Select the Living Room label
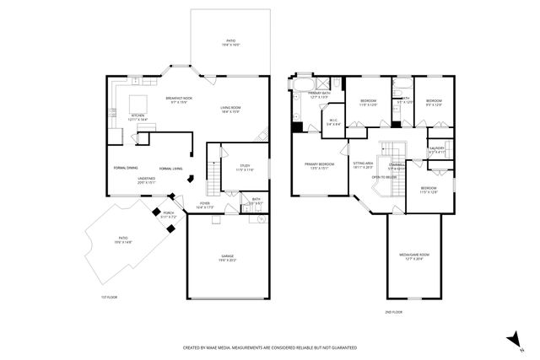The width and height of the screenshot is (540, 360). (234, 110)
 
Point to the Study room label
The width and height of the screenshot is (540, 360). (245, 168)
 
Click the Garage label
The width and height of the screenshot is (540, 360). (228, 258)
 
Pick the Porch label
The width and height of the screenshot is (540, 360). (169, 215)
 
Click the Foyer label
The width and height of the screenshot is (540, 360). (205, 205)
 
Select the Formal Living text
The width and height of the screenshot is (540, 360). (171, 169)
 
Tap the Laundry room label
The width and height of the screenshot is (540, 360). (437, 149)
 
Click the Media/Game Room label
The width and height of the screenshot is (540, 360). (414, 256)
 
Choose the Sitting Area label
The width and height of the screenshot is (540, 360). (364, 164)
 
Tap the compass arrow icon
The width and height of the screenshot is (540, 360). (511, 338)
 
